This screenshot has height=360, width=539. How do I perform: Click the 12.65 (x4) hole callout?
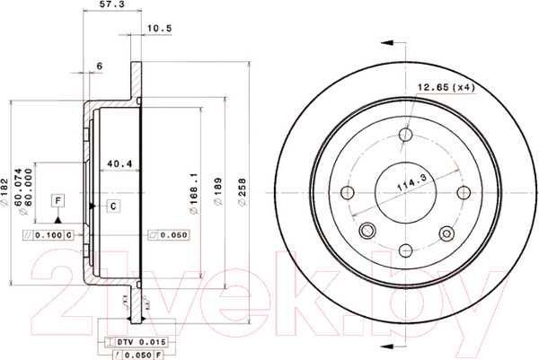(446, 87)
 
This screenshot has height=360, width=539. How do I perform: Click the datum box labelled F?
(58, 199)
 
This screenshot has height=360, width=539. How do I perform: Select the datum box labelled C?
(114, 206)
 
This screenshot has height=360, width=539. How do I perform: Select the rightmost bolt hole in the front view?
(464, 192)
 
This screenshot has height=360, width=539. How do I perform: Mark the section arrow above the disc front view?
(389, 42)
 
